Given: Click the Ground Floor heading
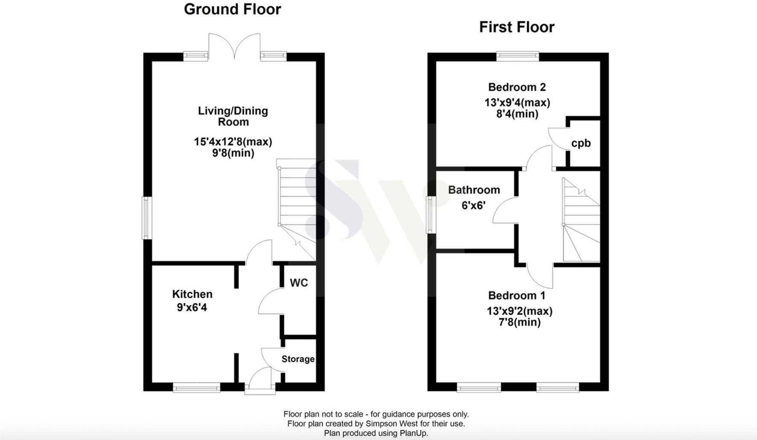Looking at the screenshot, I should click(x=232, y=9).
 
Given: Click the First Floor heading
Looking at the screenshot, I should click(x=516, y=27).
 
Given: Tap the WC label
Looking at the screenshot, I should click(x=298, y=283).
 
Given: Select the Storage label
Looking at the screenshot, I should click(x=298, y=359).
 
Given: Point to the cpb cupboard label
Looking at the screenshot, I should click(x=581, y=143).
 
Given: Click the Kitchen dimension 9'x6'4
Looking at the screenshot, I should click(x=192, y=307).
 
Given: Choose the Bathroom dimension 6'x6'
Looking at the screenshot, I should click(x=473, y=206).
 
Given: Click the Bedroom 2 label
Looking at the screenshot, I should click(x=517, y=87).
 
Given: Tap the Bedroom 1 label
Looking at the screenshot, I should click(x=516, y=295).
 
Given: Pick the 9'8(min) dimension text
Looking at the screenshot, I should click(x=233, y=153).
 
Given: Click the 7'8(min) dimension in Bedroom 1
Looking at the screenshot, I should click(x=519, y=322).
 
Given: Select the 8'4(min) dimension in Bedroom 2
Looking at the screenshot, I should click(x=517, y=114).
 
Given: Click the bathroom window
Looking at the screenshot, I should click(x=431, y=214).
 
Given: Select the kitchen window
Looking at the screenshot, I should click(x=196, y=387).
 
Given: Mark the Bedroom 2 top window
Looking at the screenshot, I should click(x=518, y=55).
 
